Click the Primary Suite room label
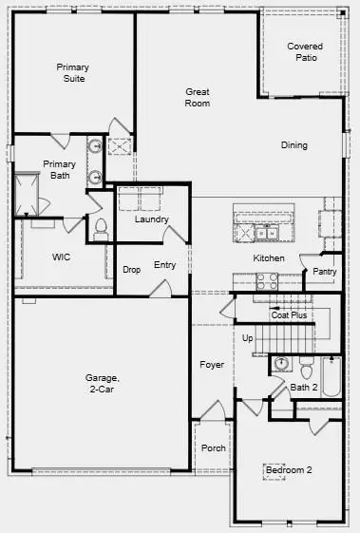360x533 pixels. coord(71,73)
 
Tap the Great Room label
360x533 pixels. coord(198,97)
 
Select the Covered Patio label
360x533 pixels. coord(306,52)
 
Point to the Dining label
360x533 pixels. coord(294,145)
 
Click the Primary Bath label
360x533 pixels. coord(59,169)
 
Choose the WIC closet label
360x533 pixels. coord(62,257)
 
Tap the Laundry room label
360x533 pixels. coord(152,219)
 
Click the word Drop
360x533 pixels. coord(132,269)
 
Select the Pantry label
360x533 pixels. coord(324,272)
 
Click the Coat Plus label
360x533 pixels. coord(289,315)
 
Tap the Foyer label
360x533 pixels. coord(211,365)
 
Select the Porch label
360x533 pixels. coord(214,448)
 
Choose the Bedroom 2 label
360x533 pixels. coord(288,470)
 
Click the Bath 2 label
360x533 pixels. coord(304,388)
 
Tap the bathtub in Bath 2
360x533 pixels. coord(332,376)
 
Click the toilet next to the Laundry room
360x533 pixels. coord(101,228)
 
